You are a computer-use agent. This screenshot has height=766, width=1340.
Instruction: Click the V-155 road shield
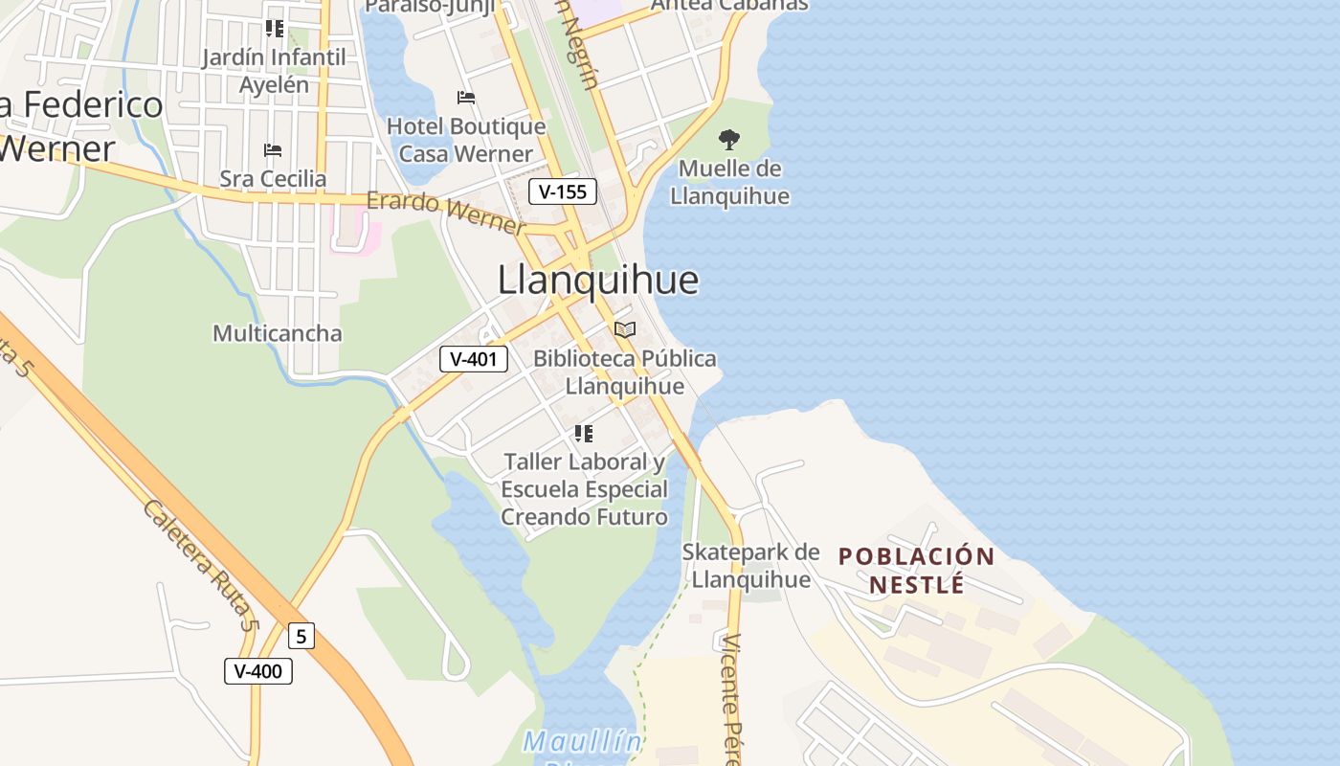(x=563, y=191)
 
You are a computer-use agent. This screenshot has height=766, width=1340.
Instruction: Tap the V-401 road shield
(x=473, y=359)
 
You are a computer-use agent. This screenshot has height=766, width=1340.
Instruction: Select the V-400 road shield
(x=258, y=670)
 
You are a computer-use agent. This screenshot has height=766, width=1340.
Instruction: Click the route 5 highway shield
(x=301, y=636)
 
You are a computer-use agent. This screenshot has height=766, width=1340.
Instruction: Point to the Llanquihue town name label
(x=598, y=280)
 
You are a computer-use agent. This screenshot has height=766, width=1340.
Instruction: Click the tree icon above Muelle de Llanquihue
(x=729, y=140)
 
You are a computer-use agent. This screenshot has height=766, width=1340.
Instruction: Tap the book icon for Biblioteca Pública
(x=625, y=330)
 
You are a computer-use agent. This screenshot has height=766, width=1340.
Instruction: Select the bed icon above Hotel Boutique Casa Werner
(x=466, y=98)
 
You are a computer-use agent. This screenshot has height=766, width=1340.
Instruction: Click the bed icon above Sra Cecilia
(x=273, y=150)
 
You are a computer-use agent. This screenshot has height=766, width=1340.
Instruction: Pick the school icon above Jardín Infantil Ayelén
(x=275, y=29)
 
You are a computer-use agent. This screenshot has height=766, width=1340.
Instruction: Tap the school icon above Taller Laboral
(x=584, y=434)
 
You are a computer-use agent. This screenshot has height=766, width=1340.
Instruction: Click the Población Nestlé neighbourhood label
(x=916, y=570)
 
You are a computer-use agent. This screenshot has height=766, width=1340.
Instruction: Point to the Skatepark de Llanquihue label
(x=751, y=566)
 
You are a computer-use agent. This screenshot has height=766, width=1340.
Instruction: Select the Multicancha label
(x=277, y=333)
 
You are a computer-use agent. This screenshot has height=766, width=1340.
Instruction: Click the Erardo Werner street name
(x=446, y=213)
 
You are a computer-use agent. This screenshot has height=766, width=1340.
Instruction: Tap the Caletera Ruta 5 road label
(x=201, y=565)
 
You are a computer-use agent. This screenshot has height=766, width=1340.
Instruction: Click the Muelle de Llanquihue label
(x=729, y=183)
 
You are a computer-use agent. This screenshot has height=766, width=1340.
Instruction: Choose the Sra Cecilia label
(x=273, y=179)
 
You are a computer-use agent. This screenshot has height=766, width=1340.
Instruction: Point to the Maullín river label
(x=583, y=741)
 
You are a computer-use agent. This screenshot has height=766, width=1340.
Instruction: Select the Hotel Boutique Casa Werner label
(x=466, y=140)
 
